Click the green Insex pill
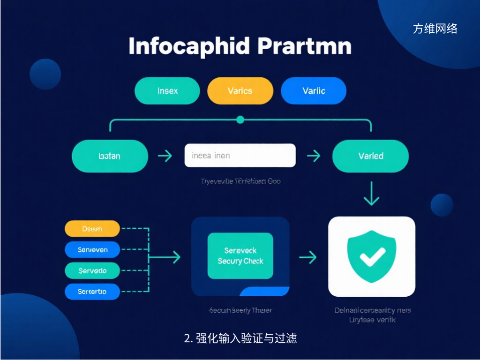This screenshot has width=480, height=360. click(167, 90)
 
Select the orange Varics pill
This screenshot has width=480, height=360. click(240, 90)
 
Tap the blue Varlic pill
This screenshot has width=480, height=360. click(314, 90)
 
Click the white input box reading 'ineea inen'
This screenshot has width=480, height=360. click(240, 156)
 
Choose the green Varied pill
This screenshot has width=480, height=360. click(370, 156)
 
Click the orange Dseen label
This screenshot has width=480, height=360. click(92, 229)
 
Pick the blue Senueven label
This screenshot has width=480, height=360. click(92, 250)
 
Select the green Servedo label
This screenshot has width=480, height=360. click(92, 270)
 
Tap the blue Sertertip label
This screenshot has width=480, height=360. click(92, 291)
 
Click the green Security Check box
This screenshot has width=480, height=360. click(240, 256)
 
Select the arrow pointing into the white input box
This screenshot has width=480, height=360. click(165, 156)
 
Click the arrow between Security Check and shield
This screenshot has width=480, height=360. click(308, 256)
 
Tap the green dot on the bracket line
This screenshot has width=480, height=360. click(240, 120)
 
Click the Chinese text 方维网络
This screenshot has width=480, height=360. click(435, 29)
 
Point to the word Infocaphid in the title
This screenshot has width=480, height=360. click(188, 47)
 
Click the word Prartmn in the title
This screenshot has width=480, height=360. click(304, 47)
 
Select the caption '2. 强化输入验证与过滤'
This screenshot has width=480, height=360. click(240, 338)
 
